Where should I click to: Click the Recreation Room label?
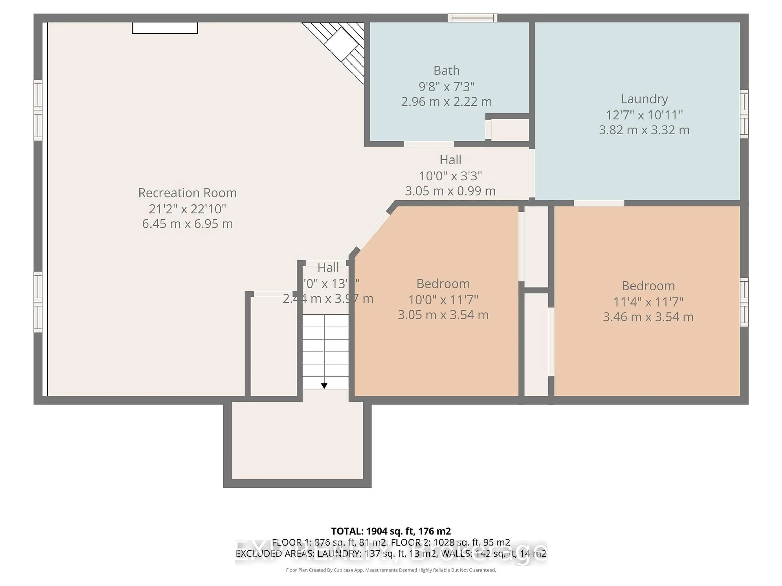pyautogui.click(x=187, y=193)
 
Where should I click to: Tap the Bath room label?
pyautogui.click(x=447, y=71)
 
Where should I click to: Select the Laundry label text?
pyautogui.click(x=644, y=99)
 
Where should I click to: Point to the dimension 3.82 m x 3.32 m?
pyautogui.click(x=644, y=130)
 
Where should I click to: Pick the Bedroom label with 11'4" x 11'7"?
pyautogui.click(x=648, y=286)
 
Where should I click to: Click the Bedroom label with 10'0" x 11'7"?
pyautogui.click(x=443, y=284)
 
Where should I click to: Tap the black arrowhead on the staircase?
pyautogui.click(x=324, y=386)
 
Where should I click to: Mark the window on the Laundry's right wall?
pyautogui.click(x=744, y=114)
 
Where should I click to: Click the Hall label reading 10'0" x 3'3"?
pyautogui.click(x=450, y=160)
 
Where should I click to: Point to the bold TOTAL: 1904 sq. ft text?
pyautogui.click(x=391, y=531)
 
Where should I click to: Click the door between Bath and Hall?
pyautogui.click(x=429, y=144)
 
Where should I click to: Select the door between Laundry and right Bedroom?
pyautogui.click(x=599, y=203)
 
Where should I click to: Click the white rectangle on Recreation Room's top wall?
pyautogui.click(x=165, y=28)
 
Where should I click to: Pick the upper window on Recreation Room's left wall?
pyautogui.click(x=38, y=110)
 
